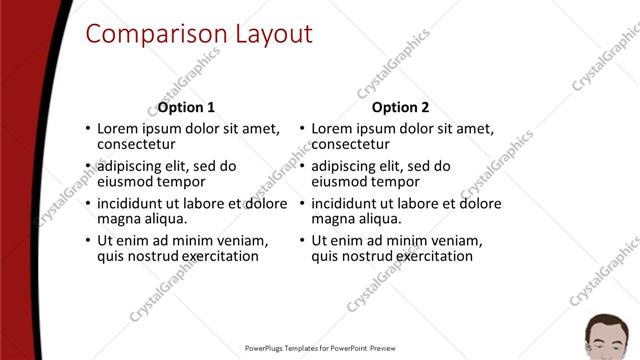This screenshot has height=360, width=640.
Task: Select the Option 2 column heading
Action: pyautogui.click(x=400, y=107)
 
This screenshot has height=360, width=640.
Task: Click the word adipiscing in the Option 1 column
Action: pyautogui.click(x=131, y=167)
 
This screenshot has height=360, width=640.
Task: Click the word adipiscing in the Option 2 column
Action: pyautogui.click(x=346, y=167)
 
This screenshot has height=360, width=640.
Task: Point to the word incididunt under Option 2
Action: pyautogui.click(x=348, y=204)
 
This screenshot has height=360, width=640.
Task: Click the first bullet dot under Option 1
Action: pyautogui.click(x=88, y=129)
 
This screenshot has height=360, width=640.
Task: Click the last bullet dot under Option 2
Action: pyautogui.click(x=302, y=242)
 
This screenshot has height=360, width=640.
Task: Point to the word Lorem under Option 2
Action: pyautogui.click(x=332, y=129)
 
